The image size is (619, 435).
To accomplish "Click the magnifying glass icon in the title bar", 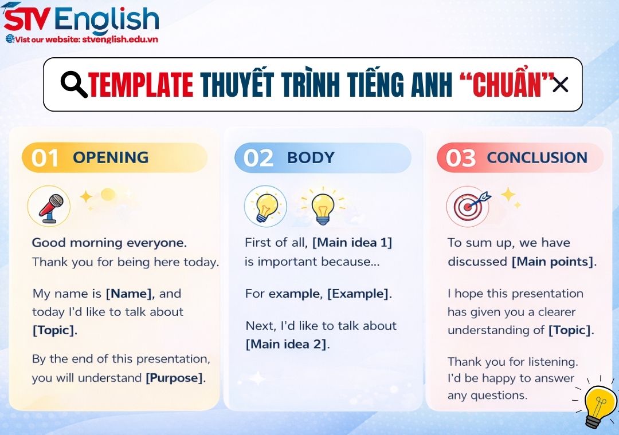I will coord(74,85).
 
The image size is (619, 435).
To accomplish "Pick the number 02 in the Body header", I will coord(258,158).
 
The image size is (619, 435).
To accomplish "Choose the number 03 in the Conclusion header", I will coord(460,158).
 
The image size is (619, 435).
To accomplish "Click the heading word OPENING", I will coord(111,157).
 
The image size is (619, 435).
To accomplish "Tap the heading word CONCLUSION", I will coord(537,157).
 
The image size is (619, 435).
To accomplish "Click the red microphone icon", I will coord(49,207).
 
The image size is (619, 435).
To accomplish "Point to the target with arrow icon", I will coord(468,206).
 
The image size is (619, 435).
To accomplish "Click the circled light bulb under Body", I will coord(265,206).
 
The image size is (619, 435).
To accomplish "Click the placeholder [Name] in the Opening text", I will coord(130,294).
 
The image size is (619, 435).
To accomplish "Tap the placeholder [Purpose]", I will coord(174,378).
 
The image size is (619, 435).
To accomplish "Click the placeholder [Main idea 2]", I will coord(287,344).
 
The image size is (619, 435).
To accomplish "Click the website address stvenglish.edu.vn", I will coord(120,39).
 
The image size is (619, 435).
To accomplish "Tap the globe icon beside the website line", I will coord(10,39).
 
